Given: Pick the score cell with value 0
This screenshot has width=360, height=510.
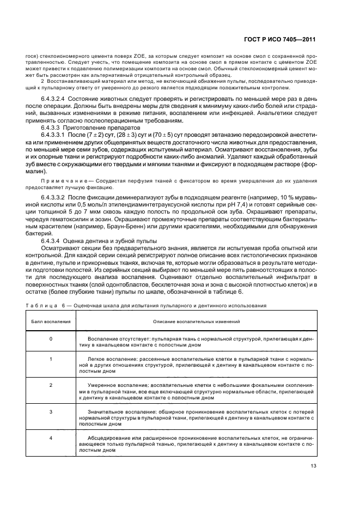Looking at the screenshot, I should click(x=51, y=339).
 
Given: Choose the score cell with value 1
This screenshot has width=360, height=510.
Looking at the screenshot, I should click(x=51, y=360).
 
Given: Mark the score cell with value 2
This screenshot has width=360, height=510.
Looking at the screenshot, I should click(x=51, y=385).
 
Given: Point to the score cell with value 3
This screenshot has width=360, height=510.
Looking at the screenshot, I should click(x=51, y=412).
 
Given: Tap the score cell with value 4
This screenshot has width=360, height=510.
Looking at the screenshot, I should click(x=51, y=438).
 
